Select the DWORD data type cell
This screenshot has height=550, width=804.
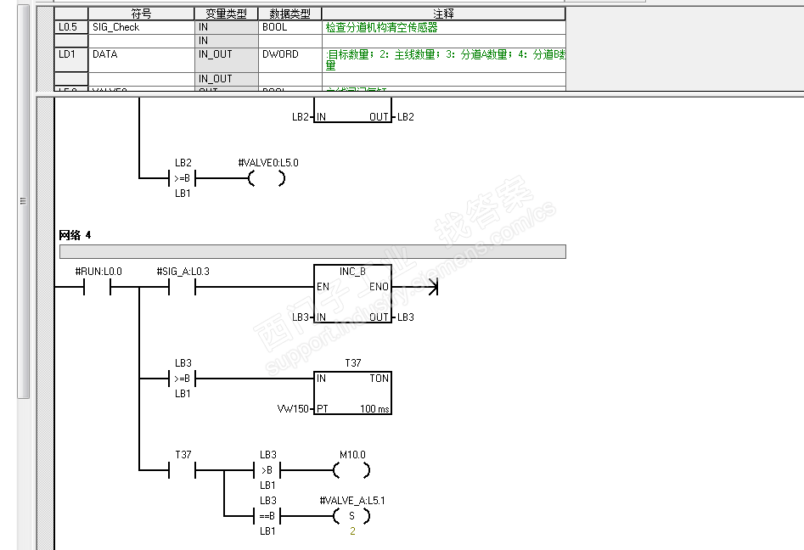tap(280, 53)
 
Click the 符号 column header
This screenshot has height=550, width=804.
tap(142, 14)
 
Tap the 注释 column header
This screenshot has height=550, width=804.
tap(443, 14)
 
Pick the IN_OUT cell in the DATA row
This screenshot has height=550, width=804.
tap(215, 53)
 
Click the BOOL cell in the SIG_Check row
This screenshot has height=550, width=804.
tap(275, 27)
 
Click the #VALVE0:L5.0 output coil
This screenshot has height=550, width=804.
tap(267, 178)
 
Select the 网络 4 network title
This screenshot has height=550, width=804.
tap(75, 234)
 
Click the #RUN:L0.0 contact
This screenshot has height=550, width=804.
tap(98, 287)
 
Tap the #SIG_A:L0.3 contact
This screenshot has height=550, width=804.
tap(183, 287)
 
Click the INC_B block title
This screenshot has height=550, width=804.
tap(352, 272)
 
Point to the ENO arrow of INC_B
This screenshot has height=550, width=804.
tap(433, 287)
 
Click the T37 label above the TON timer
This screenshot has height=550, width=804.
tap(352, 362)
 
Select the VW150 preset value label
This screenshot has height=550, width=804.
tap(294, 409)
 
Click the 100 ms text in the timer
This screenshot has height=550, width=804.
tap(374, 409)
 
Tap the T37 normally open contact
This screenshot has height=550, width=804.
tap(183, 469)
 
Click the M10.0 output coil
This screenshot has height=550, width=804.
tap(351, 469)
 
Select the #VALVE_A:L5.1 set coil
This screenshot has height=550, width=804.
tap(351, 515)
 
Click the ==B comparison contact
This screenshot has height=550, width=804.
tap(267, 515)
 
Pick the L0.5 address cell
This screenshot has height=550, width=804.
tap(66, 27)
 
